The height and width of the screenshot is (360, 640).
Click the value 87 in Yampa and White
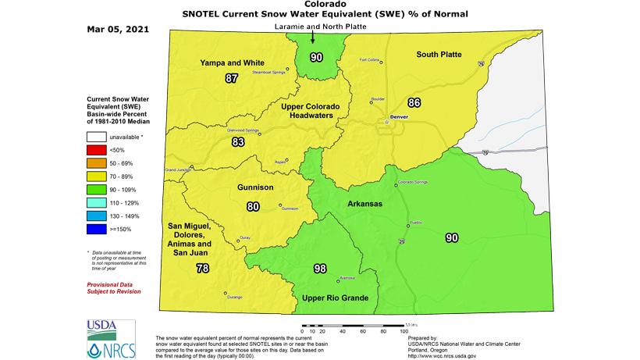(231, 78)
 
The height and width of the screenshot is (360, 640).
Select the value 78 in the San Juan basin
(203, 269)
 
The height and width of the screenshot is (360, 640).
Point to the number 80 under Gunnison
(252, 207)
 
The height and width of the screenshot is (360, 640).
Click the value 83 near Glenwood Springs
(238, 141)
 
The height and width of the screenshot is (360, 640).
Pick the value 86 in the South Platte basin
(414, 102)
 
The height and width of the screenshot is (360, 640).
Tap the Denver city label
(399, 116)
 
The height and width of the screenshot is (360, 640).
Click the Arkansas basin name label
(364, 204)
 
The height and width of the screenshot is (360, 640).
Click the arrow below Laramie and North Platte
(313, 37)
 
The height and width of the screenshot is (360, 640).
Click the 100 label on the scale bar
(405, 331)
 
